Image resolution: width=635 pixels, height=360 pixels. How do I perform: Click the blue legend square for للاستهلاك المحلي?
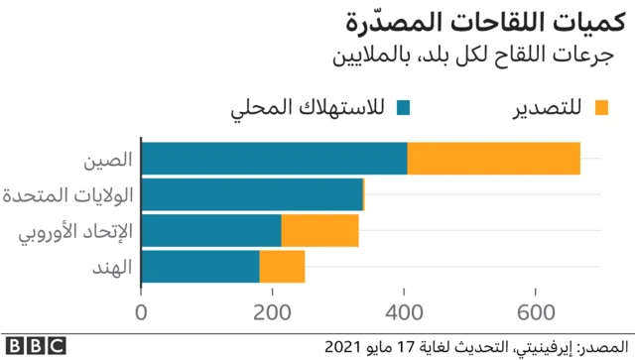tap(402, 106)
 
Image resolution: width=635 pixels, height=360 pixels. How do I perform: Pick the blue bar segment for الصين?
tap(274, 159)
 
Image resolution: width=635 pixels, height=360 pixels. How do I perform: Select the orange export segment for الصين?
tap(493, 159)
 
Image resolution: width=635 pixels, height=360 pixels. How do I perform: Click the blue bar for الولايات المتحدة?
tap(252, 194)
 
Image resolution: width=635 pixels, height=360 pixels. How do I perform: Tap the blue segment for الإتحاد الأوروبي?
tap(211, 230)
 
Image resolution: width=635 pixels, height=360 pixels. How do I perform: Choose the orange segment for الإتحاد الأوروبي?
tap(319, 230)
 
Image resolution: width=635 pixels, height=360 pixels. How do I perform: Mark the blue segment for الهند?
tap(200, 266)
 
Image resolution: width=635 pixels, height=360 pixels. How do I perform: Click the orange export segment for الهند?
tap(282, 266)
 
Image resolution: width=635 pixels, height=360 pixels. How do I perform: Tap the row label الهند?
tap(115, 266)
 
